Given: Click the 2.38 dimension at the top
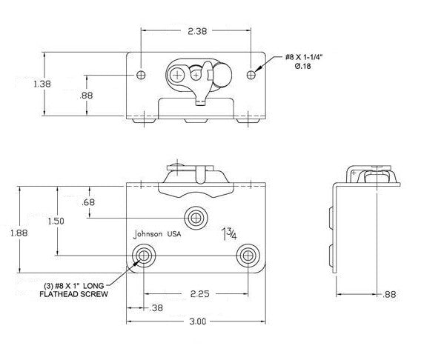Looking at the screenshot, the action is click(197, 31).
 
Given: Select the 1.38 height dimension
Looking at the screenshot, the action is click(42, 84).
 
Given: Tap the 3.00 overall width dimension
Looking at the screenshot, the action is click(198, 321).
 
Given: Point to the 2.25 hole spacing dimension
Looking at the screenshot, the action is click(200, 294).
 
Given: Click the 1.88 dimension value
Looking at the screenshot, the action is click(19, 233).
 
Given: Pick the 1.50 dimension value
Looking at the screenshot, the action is click(56, 221).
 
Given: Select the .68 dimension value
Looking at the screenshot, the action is click(88, 202).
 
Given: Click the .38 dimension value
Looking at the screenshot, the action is click(156, 308).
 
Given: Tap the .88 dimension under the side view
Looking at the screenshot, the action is click(389, 294).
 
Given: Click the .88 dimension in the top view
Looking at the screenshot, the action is click(86, 96).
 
